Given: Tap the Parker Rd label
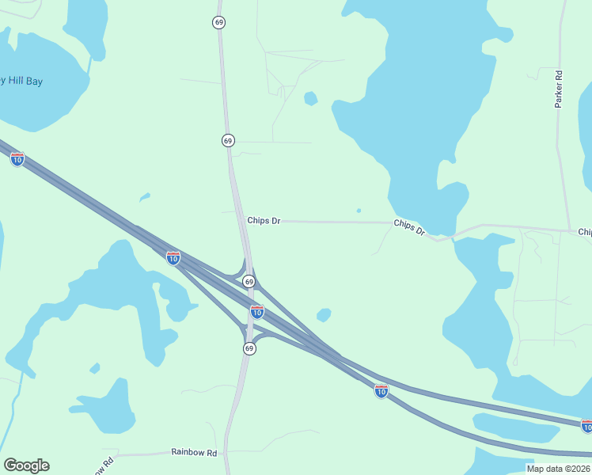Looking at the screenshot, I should pyautogui.click(x=559, y=89).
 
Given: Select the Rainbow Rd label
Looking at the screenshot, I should pyautogui.click(x=194, y=452).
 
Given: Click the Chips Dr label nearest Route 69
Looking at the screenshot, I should pyautogui.click(x=264, y=221).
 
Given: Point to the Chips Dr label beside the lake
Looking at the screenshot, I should pyautogui.click(x=409, y=228).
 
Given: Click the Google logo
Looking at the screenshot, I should pyautogui.click(x=26, y=465).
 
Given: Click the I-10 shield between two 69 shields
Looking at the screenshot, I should pyautogui.click(x=256, y=312).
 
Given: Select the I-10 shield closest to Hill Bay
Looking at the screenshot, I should pyautogui.click(x=17, y=159).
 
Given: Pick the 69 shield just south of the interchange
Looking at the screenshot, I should pyautogui.click(x=249, y=348).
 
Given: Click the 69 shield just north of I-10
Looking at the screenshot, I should pyautogui.click(x=249, y=282).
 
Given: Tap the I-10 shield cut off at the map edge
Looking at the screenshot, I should pyautogui.click(x=586, y=426).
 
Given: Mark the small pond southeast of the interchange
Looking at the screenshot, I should pyautogui.click(x=323, y=315).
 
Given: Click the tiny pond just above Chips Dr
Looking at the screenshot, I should pyautogui.click(x=359, y=211).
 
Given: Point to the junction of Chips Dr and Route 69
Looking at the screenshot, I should pyautogui.click(x=241, y=221).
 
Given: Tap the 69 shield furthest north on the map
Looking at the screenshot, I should pyautogui.click(x=218, y=22).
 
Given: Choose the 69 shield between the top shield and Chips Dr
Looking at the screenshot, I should pyautogui.click(x=228, y=140).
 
